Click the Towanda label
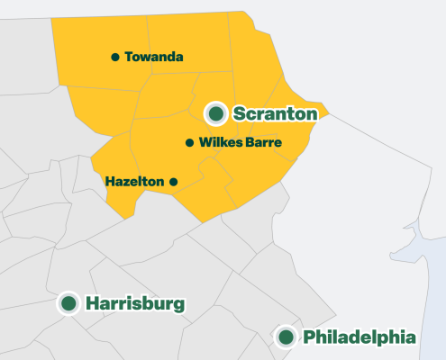click(x=154, y=57)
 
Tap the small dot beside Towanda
click(x=115, y=57)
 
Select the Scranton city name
click(x=275, y=113)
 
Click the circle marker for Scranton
click(x=216, y=113)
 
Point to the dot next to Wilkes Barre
click(x=189, y=143)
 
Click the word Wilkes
click(x=218, y=143)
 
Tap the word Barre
click(x=261, y=143)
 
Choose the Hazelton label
click(x=134, y=181)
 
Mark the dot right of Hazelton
click(x=174, y=181)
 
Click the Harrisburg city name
click(x=135, y=303)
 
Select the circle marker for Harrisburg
click(x=68, y=303)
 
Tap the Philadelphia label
click(x=360, y=337)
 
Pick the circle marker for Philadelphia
click(x=286, y=337)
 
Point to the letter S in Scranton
click(x=240, y=113)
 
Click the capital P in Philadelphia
click(x=310, y=337)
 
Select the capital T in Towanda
click(x=129, y=57)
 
